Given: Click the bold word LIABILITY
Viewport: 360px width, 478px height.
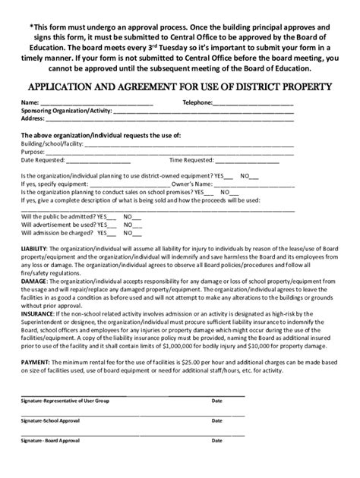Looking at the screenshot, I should (35, 248).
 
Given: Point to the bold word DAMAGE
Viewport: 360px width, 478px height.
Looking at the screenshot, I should (34, 279).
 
